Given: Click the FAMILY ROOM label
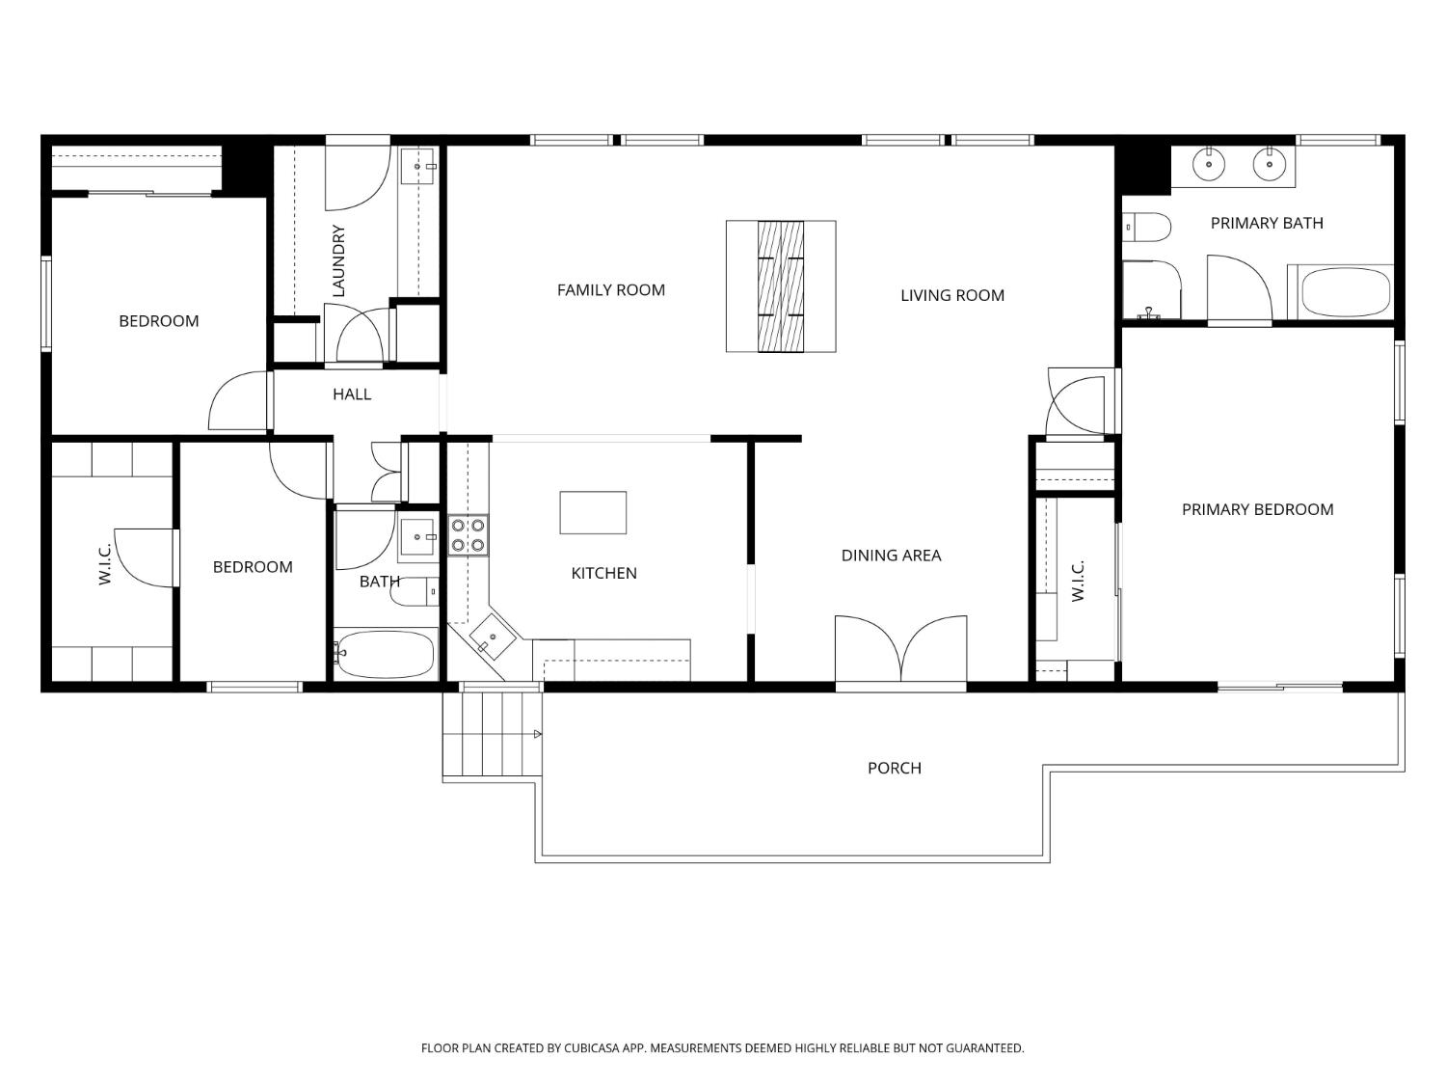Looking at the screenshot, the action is (x=610, y=290).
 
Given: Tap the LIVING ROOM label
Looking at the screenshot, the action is (x=951, y=295).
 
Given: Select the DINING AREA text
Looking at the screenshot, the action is (x=891, y=556).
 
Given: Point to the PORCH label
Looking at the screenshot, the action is (x=894, y=768).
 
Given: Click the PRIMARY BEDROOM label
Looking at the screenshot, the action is (x=1257, y=509).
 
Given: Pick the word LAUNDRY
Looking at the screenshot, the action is (x=338, y=260).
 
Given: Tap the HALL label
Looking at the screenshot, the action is (x=352, y=393).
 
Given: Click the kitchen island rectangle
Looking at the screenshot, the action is (x=593, y=512).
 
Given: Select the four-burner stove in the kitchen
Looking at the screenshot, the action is (x=469, y=535).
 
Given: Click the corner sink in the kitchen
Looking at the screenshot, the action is (x=492, y=637).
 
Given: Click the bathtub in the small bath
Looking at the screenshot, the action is (x=386, y=654).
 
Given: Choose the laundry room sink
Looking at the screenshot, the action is (x=418, y=165).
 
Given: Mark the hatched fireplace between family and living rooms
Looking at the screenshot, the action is (x=781, y=285).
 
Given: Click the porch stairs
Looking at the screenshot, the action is (x=492, y=734).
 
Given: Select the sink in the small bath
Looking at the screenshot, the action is (x=417, y=537).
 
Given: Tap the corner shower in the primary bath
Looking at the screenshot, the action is (x=1152, y=290).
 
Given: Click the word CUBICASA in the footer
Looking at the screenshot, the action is (x=592, y=1048).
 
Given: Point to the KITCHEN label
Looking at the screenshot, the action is (x=603, y=573).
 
